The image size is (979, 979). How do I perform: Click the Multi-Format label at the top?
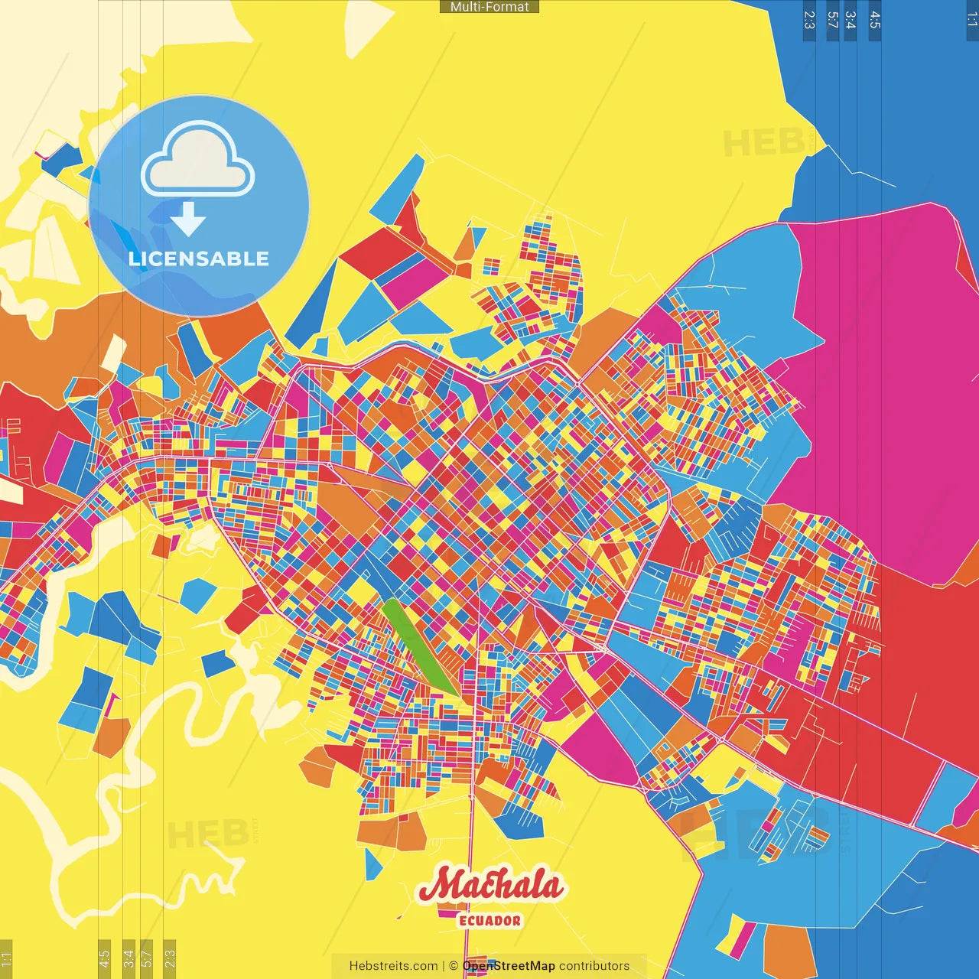click(489, 7)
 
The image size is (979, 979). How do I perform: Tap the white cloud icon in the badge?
click(198, 161)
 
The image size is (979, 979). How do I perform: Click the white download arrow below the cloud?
click(188, 220)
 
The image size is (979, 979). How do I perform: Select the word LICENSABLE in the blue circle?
click(199, 259)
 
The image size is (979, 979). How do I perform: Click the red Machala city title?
click(489, 886)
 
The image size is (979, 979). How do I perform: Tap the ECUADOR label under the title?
click(489, 921)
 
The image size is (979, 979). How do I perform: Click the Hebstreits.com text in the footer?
click(393, 966)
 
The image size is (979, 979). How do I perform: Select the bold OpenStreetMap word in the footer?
click(509, 966)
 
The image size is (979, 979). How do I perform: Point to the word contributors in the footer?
click(594, 966)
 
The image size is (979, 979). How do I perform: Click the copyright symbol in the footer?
click(454, 966)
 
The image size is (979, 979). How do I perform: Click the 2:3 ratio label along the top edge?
click(809, 20)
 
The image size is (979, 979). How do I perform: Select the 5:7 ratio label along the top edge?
click(832, 20)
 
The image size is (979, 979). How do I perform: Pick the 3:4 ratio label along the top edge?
click(850, 20)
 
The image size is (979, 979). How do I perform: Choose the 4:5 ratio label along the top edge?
click(875, 20)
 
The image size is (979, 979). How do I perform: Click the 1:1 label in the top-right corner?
click(971, 20)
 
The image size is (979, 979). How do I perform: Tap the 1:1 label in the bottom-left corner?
click(6, 958)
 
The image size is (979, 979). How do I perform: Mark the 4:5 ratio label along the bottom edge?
click(104, 958)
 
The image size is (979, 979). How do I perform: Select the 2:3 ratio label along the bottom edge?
click(170, 958)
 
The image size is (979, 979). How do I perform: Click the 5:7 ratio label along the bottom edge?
click(147, 958)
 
